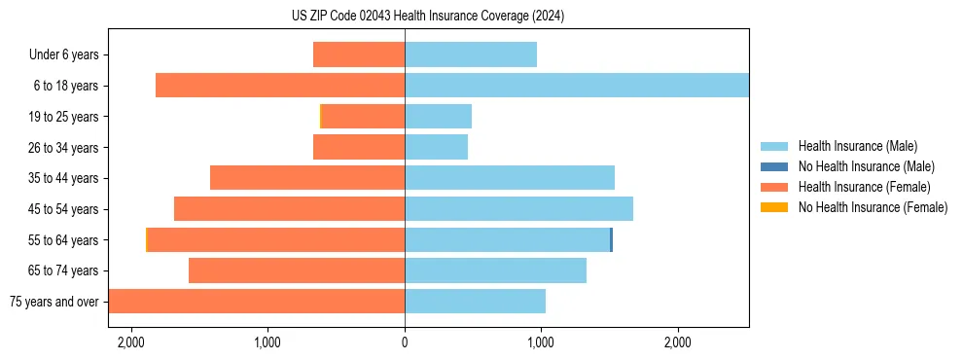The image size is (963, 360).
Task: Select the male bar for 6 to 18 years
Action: [x=576, y=86]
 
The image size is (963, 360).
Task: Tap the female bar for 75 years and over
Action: [x=256, y=302]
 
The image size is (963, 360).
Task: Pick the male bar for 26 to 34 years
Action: [x=436, y=147]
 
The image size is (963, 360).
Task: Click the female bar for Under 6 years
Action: [x=358, y=55]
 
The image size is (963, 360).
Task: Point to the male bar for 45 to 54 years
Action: [x=518, y=209]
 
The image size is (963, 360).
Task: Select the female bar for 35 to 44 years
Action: [x=306, y=178]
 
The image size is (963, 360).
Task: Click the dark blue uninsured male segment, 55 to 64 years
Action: [x=611, y=239]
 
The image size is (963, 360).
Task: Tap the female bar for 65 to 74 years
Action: [x=296, y=270]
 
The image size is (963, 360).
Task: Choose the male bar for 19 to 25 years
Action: [x=438, y=117]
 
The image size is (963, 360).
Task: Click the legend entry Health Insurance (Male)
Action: [x=857, y=146]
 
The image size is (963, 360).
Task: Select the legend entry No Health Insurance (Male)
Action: [x=866, y=166]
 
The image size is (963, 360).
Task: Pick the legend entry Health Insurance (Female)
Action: [x=864, y=187]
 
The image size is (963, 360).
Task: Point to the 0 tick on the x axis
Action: [x=405, y=342]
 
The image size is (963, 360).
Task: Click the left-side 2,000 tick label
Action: [x=130, y=342]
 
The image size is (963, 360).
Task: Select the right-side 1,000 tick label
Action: [x=541, y=342]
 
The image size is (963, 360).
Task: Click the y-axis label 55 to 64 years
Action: [x=64, y=240]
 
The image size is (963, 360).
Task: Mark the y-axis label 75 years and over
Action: [x=53, y=302]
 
